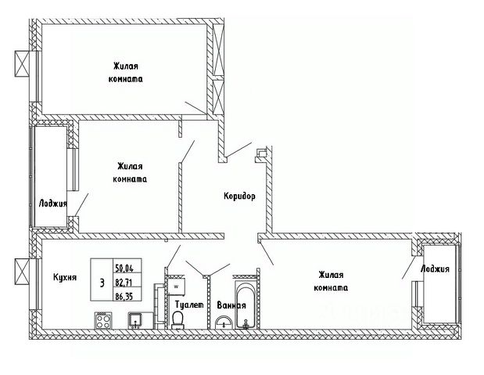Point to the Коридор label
pyautogui.click(x=238, y=197)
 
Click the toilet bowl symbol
pyautogui.click(x=178, y=319)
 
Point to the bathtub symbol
pyautogui.click(x=246, y=305)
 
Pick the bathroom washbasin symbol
pyautogui.click(x=224, y=322)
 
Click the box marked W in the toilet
pyautogui.click(x=176, y=287)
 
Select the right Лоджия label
pyautogui.click(x=434, y=269)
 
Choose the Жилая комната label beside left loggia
pyautogui.click(x=131, y=172)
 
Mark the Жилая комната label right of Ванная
pyautogui.click(x=332, y=280)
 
